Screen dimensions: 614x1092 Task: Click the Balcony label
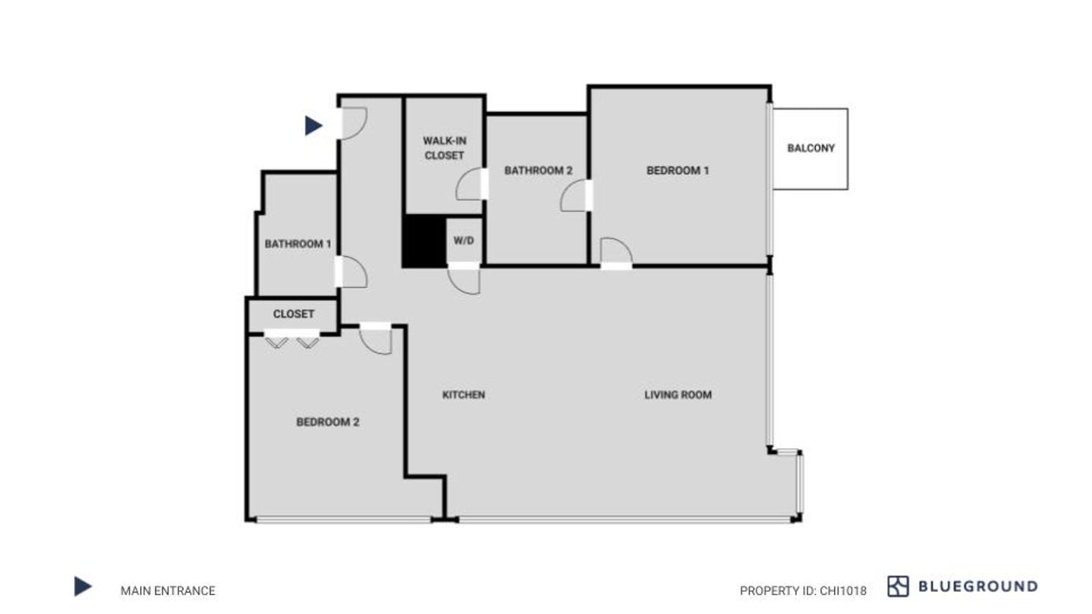coord(810,148)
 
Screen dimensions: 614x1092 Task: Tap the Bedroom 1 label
coord(677,170)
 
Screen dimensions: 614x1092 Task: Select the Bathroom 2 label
coord(538,170)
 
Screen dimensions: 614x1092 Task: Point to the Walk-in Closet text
coord(444,148)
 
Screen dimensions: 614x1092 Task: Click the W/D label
coord(463,240)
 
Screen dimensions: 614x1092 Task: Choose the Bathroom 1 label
coord(297,243)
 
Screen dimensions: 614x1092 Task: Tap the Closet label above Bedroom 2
coord(293,314)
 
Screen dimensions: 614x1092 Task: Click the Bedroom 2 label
coord(328,422)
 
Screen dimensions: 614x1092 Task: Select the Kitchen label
coord(463,394)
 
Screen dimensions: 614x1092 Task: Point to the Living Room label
coord(677,394)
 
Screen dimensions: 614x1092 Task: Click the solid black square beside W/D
coord(424,241)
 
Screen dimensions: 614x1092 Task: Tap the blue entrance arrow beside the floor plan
coord(313,126)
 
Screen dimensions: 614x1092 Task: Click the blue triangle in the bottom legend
coord(83,587)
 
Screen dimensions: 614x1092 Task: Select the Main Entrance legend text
coord(167,590)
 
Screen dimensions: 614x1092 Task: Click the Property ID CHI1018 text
coord(802,590)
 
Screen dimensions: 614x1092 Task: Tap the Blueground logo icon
coord(897,586)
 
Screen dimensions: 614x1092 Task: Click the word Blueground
coord(978,586)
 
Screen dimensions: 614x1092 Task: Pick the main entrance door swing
coord(353,123)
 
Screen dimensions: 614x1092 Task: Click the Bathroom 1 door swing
coord(353,272)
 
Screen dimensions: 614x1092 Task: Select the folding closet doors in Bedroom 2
coord(292,340)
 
